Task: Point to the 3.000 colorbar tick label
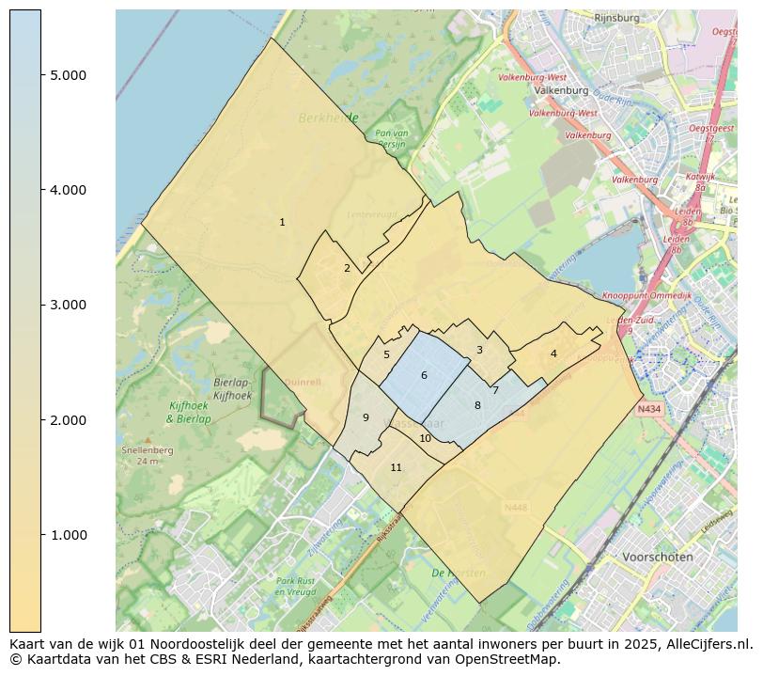(69, 305)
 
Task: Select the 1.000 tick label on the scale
(69, 535)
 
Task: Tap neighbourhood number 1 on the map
(282, 223)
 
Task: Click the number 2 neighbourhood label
(347, 269)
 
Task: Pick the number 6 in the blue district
(424, 376)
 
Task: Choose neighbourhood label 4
(553, 354)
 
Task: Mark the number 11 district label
(396, 468)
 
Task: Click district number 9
(366, 418)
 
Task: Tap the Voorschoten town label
(658, 557)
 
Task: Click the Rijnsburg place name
(617, 18)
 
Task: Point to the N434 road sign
(648, 409)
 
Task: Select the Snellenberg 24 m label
(140, 455)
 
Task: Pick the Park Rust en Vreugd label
(294, 586)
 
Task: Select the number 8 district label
(477, 406)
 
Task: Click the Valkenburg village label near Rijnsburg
(560, 91)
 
